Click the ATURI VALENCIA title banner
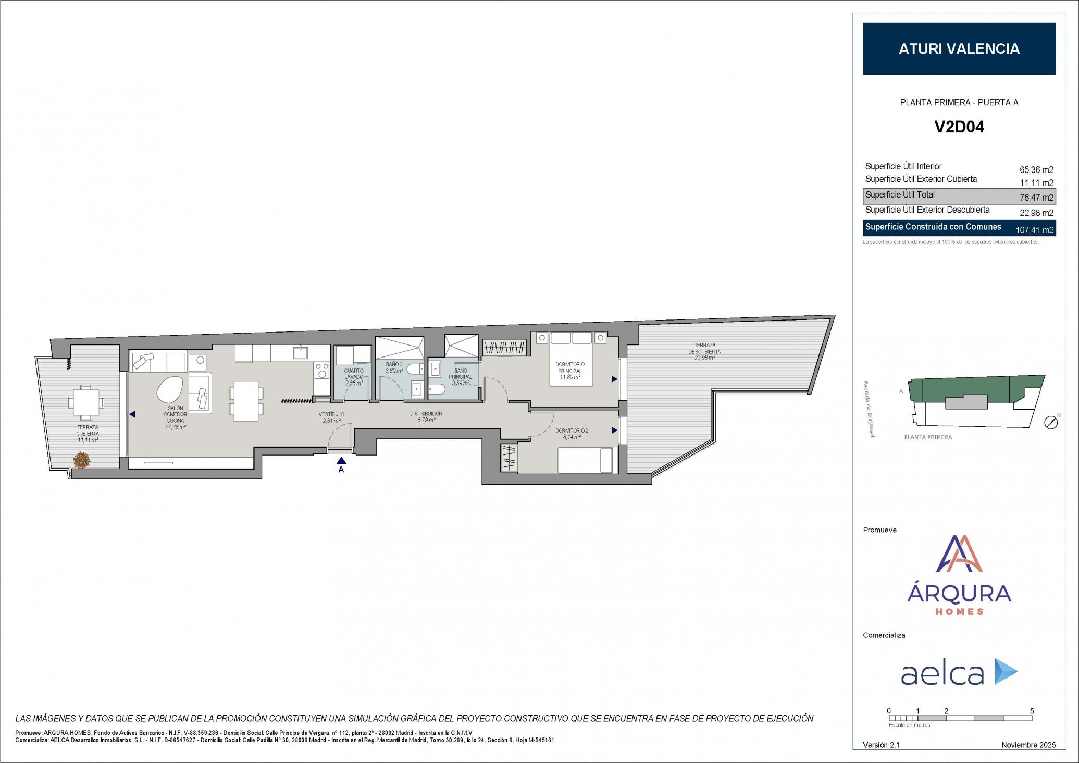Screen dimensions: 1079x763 959,48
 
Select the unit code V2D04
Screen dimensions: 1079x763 959,127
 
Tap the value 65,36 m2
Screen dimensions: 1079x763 1036,170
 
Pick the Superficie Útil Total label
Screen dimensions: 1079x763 900,195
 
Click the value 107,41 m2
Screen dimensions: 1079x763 1035,230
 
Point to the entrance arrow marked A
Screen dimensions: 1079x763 341,461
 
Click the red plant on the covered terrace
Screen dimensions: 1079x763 81,460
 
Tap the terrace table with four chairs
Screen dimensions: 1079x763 86,402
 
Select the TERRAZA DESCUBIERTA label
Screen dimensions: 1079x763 704,348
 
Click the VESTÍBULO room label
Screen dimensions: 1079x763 331,414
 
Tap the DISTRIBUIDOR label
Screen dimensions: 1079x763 426,414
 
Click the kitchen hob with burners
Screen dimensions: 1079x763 322,371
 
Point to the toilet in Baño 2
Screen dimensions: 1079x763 415,370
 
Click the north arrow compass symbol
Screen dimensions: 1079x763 1051,423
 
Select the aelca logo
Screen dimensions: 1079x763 959,672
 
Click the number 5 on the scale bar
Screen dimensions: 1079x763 1032,711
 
